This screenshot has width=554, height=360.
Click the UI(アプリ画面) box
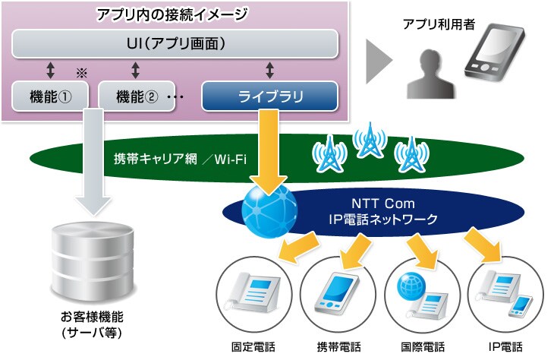175,43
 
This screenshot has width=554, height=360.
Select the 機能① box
50,96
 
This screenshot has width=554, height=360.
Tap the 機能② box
137,96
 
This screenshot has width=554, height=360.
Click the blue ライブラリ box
269,96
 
